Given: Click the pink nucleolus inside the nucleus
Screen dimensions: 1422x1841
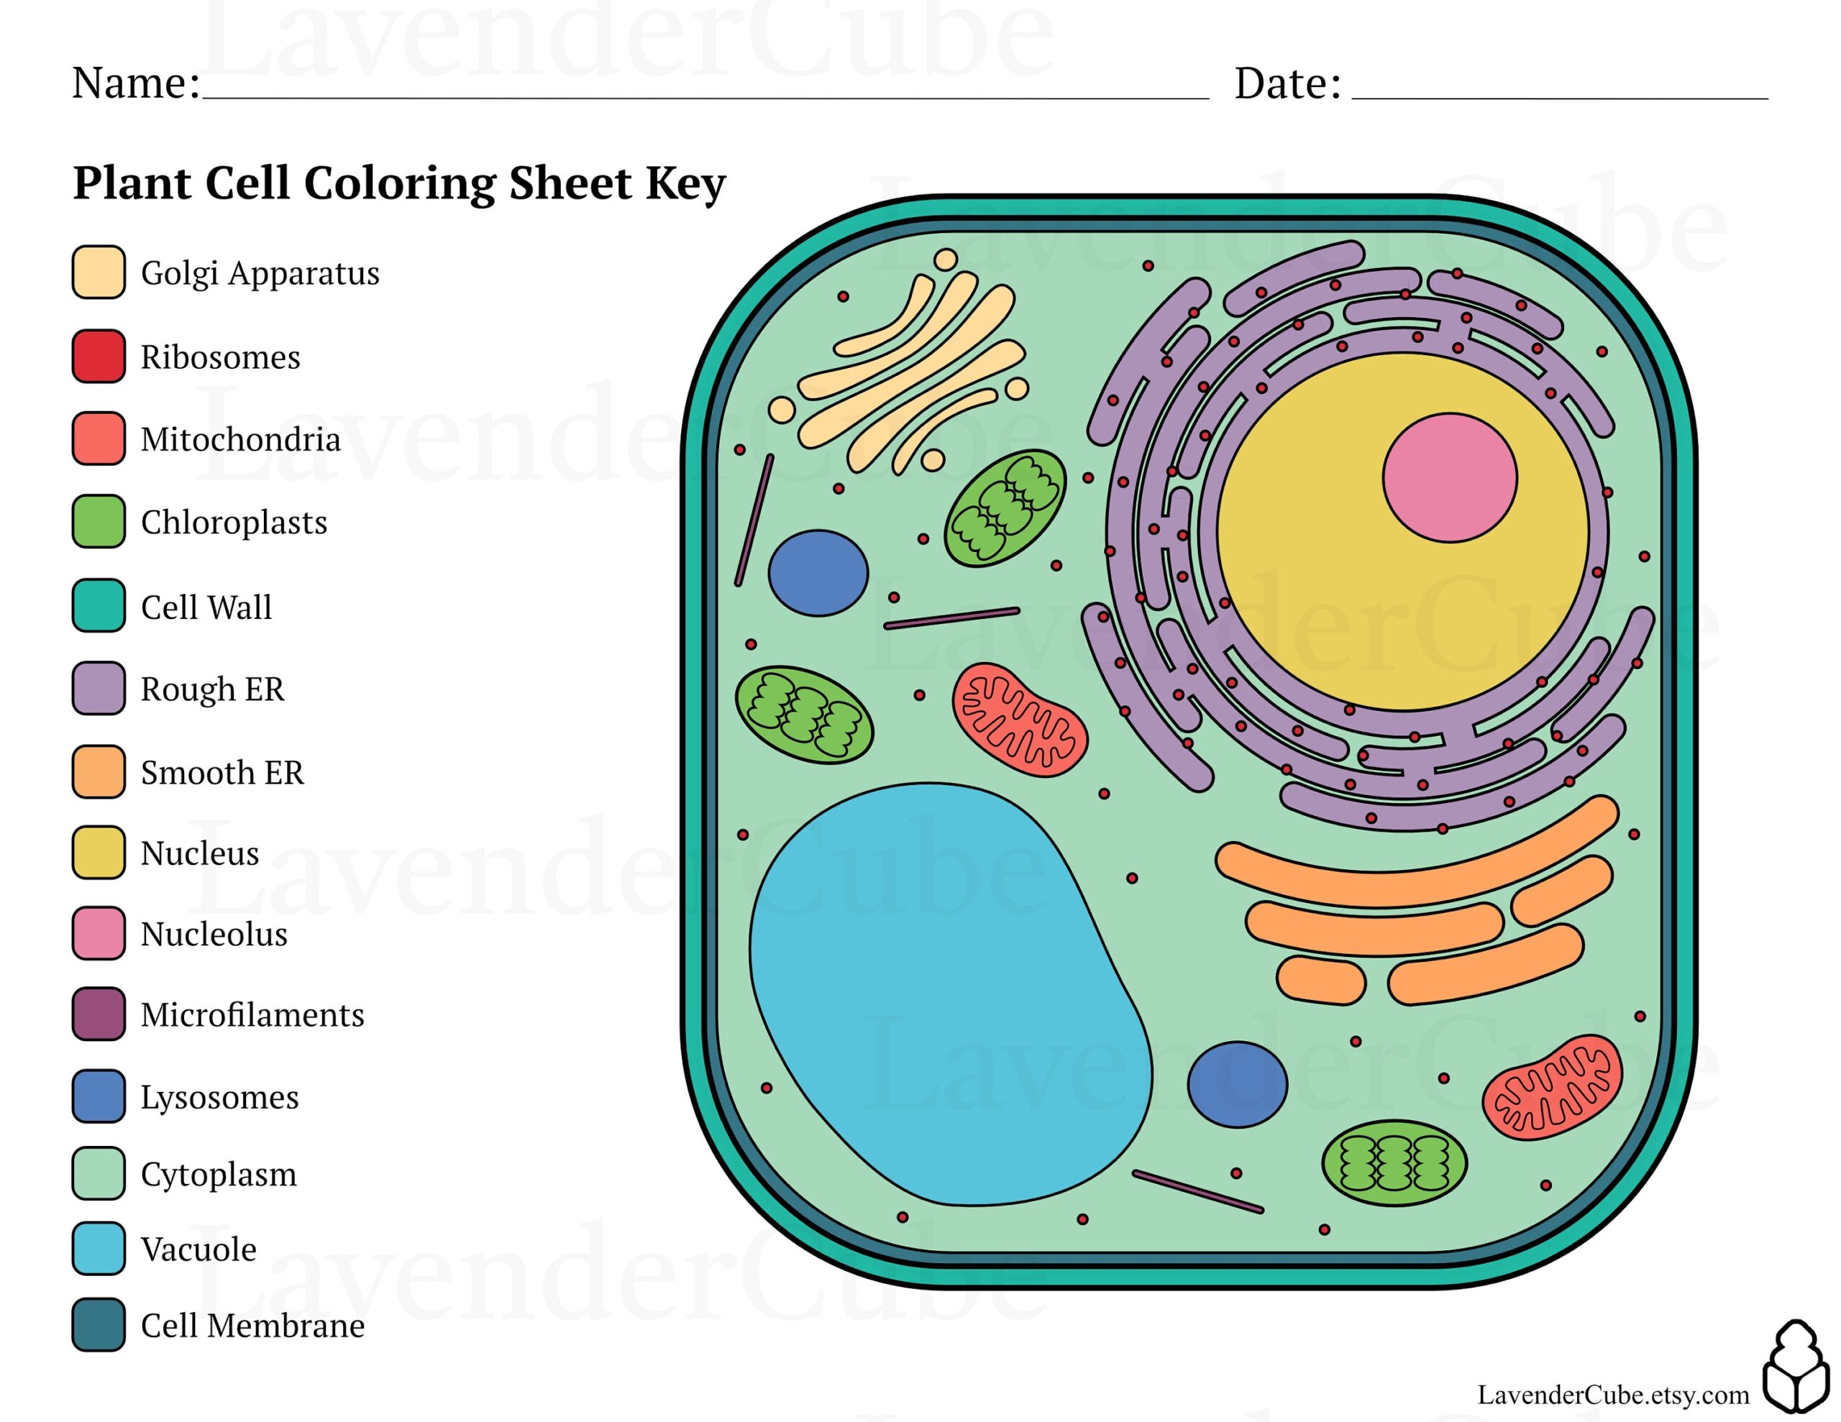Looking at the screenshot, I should click(1450, 477).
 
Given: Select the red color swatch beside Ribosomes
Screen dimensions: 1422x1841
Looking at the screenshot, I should click(99, 356).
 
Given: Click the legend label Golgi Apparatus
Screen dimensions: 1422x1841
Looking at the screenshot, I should click(260, 273).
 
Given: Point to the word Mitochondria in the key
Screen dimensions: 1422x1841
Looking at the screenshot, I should click(240, 439).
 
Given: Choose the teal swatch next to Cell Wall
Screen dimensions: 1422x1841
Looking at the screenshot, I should click(99, 605).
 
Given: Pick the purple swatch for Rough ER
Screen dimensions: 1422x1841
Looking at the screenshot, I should click(99, 688).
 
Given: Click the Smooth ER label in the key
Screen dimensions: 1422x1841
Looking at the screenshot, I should click(221, 772).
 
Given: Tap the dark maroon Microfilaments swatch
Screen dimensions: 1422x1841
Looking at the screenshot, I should click(99, 1013).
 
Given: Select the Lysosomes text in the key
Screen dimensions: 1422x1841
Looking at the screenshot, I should click(219, 1096).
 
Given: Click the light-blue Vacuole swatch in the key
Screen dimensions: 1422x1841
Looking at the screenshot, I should click(99, 1247).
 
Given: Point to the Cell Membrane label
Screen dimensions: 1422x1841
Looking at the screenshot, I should click(252, 1325).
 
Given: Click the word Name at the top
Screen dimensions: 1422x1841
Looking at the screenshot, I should click(135, 83).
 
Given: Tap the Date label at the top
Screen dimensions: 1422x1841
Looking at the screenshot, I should click(1287, 83).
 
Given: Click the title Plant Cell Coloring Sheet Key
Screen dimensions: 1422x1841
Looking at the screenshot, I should click(398, 182).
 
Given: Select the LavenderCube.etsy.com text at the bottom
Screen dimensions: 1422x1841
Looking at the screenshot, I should click(1612, 1394).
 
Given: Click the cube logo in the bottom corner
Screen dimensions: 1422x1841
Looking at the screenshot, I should click(1796, 1365).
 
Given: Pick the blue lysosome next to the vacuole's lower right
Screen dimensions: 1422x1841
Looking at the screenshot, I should click(1237, 1084).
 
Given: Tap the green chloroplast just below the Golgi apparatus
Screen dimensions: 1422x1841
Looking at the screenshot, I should click(1005, 508).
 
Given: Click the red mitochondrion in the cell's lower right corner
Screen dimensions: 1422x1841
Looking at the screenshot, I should click(1552, 1088).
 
